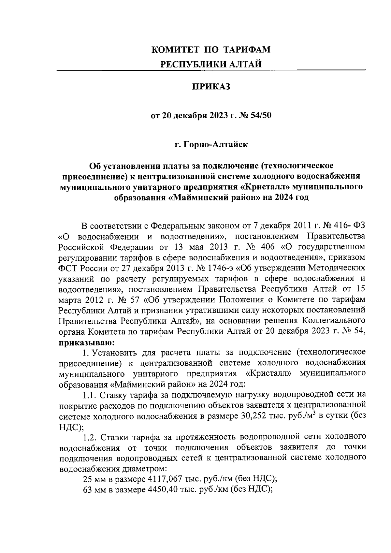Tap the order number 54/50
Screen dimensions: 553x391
pos(259,116)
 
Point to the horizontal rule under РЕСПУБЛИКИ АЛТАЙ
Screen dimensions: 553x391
pos(211,70)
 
